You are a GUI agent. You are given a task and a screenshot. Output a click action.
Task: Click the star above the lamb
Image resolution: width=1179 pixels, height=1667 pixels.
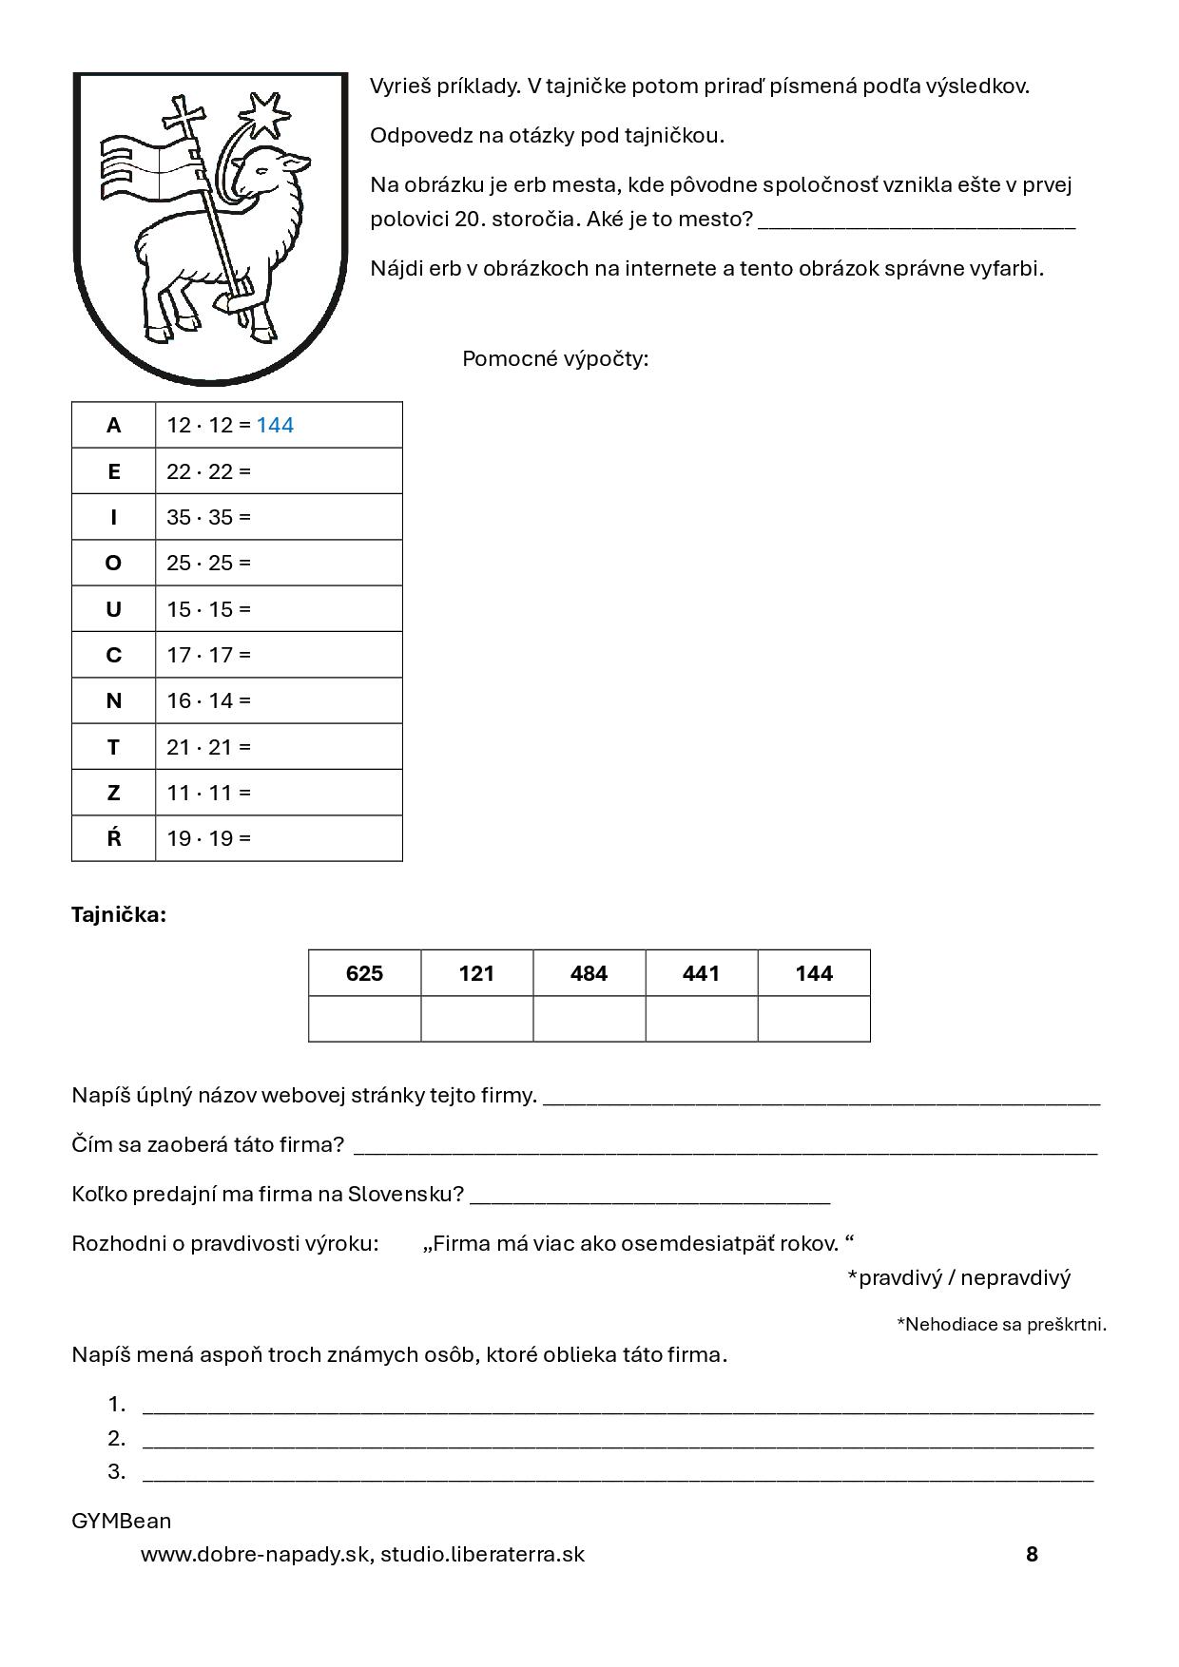(x=268, y=114)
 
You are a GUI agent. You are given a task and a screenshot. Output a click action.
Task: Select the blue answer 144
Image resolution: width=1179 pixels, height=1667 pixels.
(x=275, y=425)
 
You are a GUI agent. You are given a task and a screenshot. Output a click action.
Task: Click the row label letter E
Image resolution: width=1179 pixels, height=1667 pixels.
(x=113, y=471)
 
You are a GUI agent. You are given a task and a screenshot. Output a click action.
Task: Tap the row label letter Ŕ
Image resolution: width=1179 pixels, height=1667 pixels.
(x=113, y=838)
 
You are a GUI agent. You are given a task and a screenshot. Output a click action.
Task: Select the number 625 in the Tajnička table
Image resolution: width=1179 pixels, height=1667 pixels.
(x=364, y=973)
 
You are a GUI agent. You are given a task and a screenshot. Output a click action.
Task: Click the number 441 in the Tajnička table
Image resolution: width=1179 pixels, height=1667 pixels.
(x=701, y=973)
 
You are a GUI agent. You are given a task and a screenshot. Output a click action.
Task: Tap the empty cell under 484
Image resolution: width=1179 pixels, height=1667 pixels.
(x=589, y=1019)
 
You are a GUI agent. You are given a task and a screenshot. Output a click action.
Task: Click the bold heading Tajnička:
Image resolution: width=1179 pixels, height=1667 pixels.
(x=119, y=915)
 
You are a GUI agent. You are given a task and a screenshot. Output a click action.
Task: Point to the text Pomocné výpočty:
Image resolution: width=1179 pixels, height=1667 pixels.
(x=555, y=359)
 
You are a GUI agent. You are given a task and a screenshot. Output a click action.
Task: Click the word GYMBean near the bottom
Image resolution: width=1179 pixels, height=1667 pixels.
(x=122, y=1521)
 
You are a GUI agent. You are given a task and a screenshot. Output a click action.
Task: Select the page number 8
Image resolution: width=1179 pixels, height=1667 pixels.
(x=1032, y=1554)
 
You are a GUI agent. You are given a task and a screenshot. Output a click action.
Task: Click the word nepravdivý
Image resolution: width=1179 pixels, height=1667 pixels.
(x=1015, y=1277)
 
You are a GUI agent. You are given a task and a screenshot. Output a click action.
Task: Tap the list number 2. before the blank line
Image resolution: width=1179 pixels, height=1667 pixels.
(x=117, y=1438)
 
